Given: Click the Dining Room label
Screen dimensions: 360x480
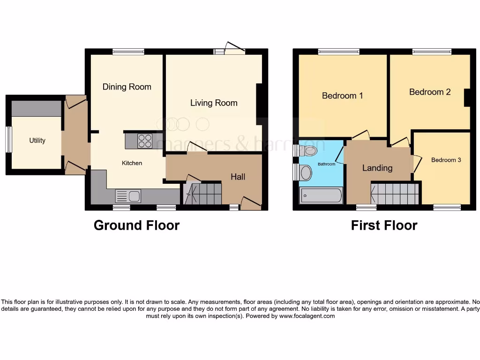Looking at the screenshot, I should coord(127,87).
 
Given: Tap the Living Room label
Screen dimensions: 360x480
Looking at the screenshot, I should coord(214,103).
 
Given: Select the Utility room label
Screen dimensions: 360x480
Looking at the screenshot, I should coord(37,140).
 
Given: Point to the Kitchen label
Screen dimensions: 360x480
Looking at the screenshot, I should coord(132,163).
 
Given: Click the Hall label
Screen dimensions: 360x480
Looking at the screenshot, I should coord(238,177).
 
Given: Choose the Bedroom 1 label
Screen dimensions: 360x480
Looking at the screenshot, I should coord(342,96).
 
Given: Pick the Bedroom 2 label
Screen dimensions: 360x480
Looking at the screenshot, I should coord(430,92).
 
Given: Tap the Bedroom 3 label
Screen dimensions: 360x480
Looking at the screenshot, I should coord(446,160).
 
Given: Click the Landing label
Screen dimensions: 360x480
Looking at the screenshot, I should coord(377,168).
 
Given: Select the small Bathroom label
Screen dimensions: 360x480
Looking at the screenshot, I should coord(326,164).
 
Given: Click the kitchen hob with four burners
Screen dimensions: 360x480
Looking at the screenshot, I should coord(145,141).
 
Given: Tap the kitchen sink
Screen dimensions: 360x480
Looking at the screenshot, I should coord(128,196).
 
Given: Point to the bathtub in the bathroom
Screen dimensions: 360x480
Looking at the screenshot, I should coord(321,195).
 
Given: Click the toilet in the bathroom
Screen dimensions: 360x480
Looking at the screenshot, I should coord(308,150).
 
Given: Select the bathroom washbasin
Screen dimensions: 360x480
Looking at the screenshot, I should coord(306,172).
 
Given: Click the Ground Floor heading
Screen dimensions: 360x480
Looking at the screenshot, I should coord(136,225).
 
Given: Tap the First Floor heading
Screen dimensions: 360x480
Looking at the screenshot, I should coord(384,225).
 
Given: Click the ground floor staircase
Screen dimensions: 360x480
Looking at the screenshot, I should coord(202,194).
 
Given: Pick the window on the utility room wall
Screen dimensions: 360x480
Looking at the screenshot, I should coord(8,139).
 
